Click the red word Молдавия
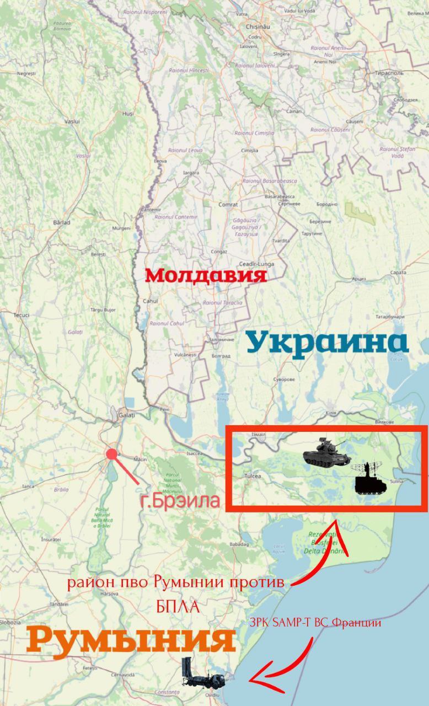click(x=206, y=275)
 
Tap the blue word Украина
click(x=327, y=343)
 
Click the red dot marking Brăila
click(x=112, y=454)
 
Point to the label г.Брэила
click(x=180, y=502)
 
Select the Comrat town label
click(x=228, y=204)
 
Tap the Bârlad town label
click(x=61, y=222)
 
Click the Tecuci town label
click(x=22, y=315)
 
